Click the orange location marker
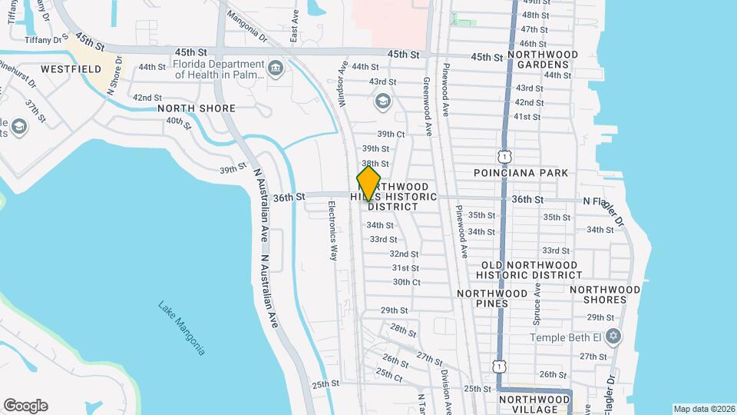tap(368, 184)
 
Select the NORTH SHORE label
tap(196, 108)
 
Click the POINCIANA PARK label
tap(521, 173)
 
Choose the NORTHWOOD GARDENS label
tap(542, 61)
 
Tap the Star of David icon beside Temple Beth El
tap(613, 337)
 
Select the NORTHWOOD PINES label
tap(492, 298)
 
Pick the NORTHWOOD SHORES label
tap(605, 294)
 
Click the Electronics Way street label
tap(332, 231)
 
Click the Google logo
tap(25, 406)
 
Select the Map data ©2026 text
tap(703, 409)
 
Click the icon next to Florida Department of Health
tap(275, 70)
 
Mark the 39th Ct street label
tap(391, 134)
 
